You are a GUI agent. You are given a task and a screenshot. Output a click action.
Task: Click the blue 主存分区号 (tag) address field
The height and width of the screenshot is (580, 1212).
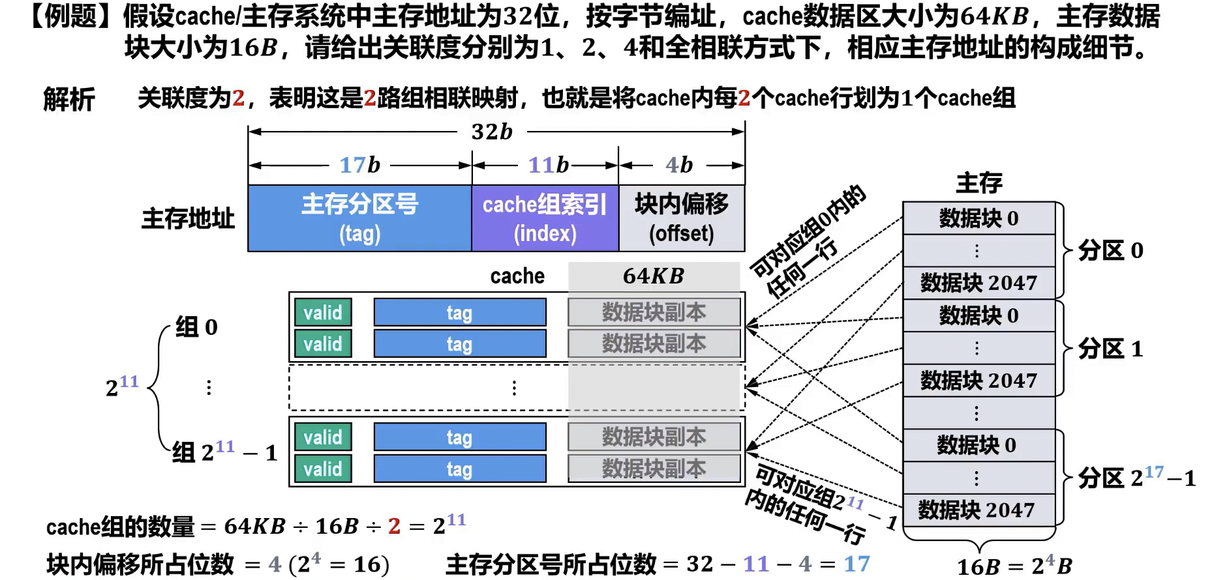point(359,218)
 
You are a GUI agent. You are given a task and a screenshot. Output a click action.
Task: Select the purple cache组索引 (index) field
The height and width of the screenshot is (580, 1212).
point(545,218)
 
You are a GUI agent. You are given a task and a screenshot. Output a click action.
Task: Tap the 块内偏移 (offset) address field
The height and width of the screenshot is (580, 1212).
point(681,218)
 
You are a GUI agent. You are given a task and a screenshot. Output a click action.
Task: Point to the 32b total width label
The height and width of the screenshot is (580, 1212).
point(492,132)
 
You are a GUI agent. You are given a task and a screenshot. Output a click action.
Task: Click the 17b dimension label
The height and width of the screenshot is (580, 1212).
point(359,165)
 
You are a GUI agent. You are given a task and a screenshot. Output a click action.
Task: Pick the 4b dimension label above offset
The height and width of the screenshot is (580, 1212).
point(678,165)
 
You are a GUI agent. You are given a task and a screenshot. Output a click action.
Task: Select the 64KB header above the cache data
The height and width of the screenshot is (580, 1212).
point(653,276)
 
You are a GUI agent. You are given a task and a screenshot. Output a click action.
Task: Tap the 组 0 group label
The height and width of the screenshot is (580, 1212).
point(196,326)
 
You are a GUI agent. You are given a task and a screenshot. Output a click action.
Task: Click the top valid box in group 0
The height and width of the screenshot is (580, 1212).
point(323,313)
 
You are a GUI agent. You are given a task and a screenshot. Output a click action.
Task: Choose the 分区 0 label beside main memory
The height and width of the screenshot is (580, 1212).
point(1110,250)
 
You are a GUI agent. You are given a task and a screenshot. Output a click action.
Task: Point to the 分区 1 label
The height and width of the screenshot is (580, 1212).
point(1110,349)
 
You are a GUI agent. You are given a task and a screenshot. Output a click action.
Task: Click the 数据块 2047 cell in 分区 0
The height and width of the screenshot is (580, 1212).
point(978,283)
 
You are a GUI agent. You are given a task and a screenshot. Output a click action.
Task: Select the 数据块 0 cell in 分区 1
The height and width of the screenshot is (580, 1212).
point(978,315)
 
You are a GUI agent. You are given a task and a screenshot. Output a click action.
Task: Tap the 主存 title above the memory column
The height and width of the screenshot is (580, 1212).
point(978,183)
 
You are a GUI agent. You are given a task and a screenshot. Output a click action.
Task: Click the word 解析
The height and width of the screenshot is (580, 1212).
point(69,100)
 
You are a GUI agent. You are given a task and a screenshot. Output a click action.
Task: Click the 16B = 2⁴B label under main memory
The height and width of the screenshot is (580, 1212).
point(1014,566)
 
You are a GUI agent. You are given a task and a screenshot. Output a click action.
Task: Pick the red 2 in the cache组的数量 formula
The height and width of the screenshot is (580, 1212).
point(394,526)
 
